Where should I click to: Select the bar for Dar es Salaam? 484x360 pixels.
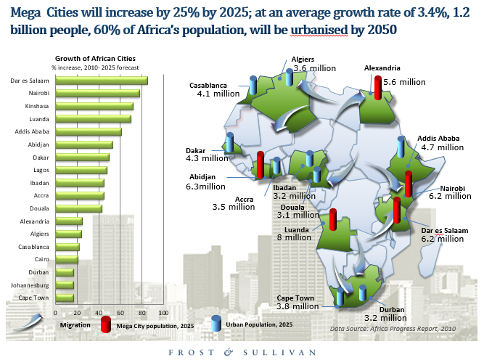click(x=102, y=81)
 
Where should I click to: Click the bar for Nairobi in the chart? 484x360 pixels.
click(x=97, y=93)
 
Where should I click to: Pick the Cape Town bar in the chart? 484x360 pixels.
click(x=65, y=298)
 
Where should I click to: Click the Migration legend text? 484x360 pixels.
click(x=75, y=325)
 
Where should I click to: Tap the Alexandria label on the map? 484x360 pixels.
click(x=382, y=67)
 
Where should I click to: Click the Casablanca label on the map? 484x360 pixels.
click(x=210, y=84)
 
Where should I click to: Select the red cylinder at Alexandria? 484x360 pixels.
click(x=377, y=85)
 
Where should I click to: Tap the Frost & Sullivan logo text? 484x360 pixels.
click(x=241, y=351)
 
